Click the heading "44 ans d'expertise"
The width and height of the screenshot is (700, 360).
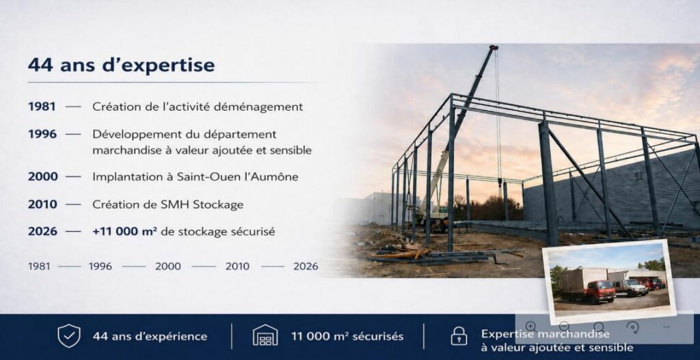click(x=121, y=65)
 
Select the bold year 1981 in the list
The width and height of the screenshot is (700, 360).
click(x=42, y=107)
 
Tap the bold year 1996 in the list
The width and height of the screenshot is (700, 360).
click(x=42, y=134)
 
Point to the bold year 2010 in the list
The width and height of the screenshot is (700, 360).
click(x=42, y=204)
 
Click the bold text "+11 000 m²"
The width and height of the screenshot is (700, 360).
click(x=124, y=231)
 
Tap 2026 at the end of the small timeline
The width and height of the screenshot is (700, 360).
click(x=306, y=266)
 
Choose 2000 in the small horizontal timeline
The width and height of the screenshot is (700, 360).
click(x=168, y=266)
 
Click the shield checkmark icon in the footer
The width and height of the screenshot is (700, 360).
click(x=69, y=336)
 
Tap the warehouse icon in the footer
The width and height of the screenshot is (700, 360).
click(x=265, y=335)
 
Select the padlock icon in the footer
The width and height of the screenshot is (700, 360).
click(x=459, y=336)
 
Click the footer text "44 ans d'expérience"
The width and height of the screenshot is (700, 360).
click(x=150, y=336)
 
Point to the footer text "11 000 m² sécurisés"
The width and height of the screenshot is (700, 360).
click(x=347, y=336)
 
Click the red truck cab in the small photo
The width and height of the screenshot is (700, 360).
click(x=600, y=291)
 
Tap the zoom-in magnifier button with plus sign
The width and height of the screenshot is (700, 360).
click(x=530, y=327)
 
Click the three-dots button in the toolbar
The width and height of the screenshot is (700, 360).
click(x=667, y=327)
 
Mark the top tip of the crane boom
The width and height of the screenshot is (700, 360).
click(x=494, y=47)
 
